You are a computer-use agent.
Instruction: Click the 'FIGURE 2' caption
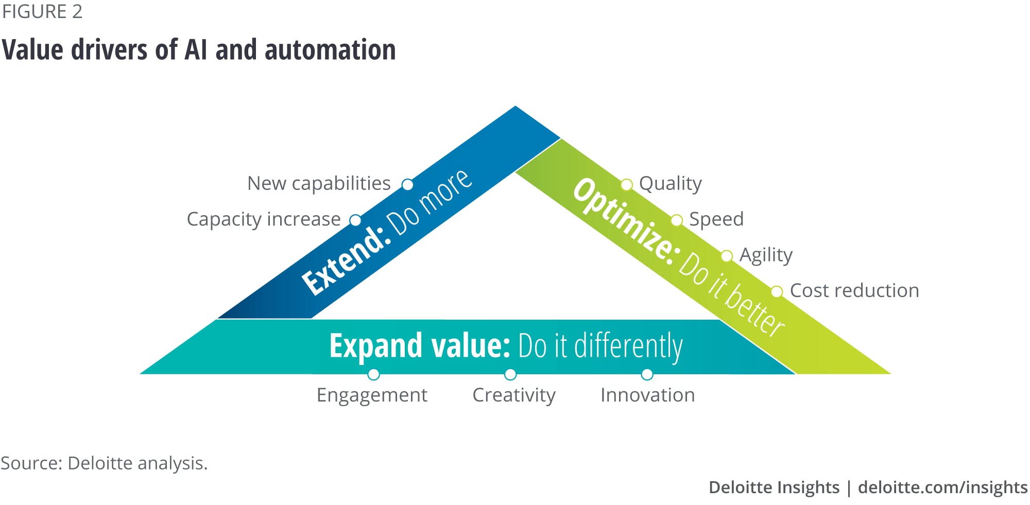(x=42, y=12)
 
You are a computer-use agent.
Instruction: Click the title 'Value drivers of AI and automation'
(x=199, y=50)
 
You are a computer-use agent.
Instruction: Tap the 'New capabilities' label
(x=319, y=183)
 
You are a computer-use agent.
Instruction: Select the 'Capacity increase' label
(x=264, y=219)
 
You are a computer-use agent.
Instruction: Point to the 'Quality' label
(x=670, y=183)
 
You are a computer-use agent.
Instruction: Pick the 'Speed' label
(x=716, y=219)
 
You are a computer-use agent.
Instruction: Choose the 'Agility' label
(x=766, y=255)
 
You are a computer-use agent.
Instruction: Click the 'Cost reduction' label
(x=854, y=291)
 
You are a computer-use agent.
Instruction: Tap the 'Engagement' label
(x=372, y=395)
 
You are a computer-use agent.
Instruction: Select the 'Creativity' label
(x=514, y=395)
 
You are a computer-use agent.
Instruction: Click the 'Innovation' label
(x=647, y=395)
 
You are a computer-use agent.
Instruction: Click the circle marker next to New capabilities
(x=407, y=184)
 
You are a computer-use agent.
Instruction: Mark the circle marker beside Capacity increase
(x=355, y=220)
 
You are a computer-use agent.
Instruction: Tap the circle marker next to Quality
(x=626, y=184)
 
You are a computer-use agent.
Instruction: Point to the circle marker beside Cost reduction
(x=777, y=292)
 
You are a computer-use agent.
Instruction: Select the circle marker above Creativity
(x=510, y=374)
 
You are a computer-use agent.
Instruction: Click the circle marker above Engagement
(x=374, y=374)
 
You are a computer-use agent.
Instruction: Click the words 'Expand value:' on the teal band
(x=419, y=345)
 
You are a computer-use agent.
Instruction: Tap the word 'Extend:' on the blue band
(x=344, y=260)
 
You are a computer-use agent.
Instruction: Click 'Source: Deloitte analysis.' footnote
(x=104, y=463)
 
